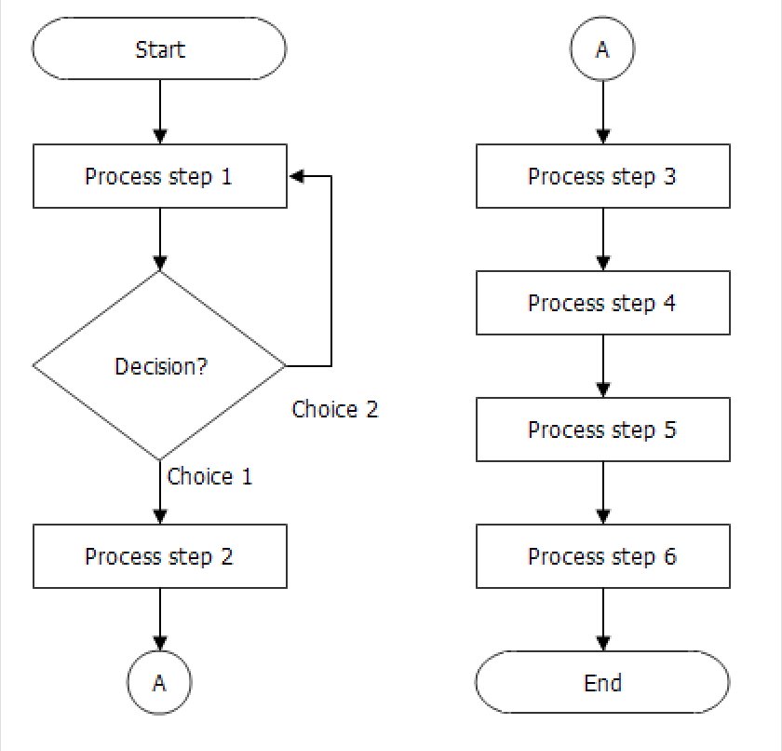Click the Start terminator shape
point(160,49)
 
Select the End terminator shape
point(602,683)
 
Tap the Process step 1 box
point(160,176)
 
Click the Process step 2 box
point(160,556)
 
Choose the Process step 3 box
point(602,176)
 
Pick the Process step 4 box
point(602,303)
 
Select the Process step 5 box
point(602,430)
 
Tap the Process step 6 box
point(602,556)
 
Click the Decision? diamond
point(160,365)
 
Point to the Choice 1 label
point(210,476)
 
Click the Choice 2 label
point(335,409)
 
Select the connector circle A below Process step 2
point(160,683)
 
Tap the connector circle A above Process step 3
point(602,49)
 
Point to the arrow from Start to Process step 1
point(160,112)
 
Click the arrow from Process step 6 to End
point(602,620)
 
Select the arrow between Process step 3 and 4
point(602,239)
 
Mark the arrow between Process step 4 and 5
point(602,366)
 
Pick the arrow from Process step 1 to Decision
point(160,239)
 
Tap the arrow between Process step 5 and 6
point(602,493)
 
